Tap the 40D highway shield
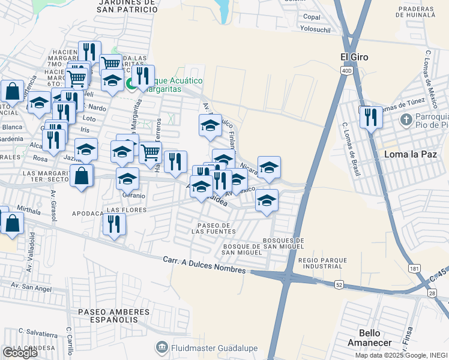347,71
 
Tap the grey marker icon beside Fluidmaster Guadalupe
161,347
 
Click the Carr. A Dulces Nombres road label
205,265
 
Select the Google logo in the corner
19,353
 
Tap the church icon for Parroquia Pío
406,119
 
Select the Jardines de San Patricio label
127,5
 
